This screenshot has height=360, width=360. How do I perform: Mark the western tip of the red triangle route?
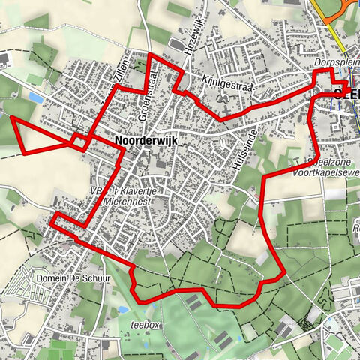point(11,117)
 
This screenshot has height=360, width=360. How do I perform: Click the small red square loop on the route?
point(78,141)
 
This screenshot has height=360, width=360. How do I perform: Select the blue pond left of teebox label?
point(122,309)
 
